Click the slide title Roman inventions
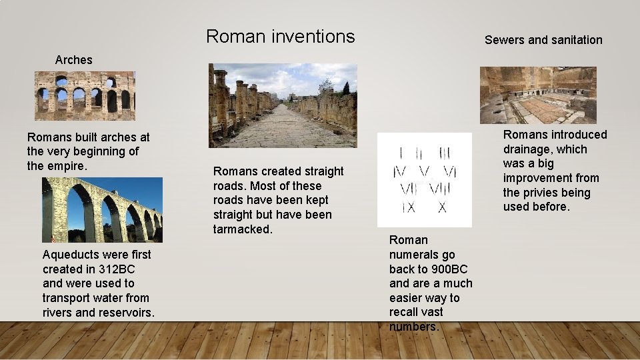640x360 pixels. pyautogui.click(x=280, y=36)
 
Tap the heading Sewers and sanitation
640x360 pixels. pyautogui.click(x=543, y=40)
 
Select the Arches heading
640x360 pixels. pyautogui.click(x=73, y=60)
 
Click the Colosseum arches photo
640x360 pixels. pyautogui.click(x=85, y=96)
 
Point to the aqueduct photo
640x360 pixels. pyautogui.click(x=102, y=210)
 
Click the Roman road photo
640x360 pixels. pyautogui.click(x=283, y=105)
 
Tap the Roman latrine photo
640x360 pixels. pyautogui.click(x=538, y=95)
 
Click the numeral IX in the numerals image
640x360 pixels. pyautogui.click(x=408, y=207)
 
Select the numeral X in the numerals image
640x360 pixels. pyautogui.click(x=441, y=207)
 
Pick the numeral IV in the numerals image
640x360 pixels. pyautogui.click(x=402, y=172)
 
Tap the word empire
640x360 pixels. pyautogui.click(x=67, y=166)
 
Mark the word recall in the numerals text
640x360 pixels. pyautogui.click(x=407, y=312)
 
